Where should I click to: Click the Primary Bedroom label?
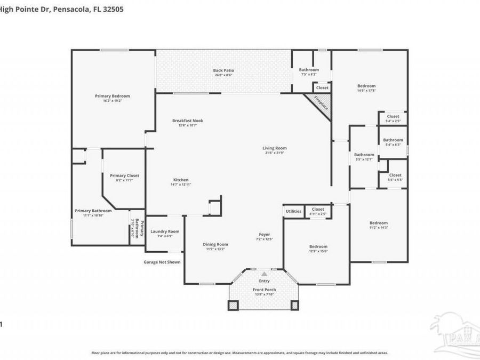[x=113, y=96]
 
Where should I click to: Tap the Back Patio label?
[x=223, y=70]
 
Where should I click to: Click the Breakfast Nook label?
[x=187, y=121]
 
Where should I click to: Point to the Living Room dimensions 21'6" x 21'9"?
[x=275, y=153]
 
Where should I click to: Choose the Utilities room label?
[x=293, y=211]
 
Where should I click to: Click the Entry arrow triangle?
[x=264, y=274]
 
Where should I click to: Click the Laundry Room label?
[x=164, y=231]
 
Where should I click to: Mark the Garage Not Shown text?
[x=162, y=262]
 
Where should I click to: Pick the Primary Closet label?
[x=124, y=175]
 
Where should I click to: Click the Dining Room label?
[x=215, y=244]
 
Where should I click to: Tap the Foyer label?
[x=264, y=234]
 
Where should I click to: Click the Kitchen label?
[x=181, y=180]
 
